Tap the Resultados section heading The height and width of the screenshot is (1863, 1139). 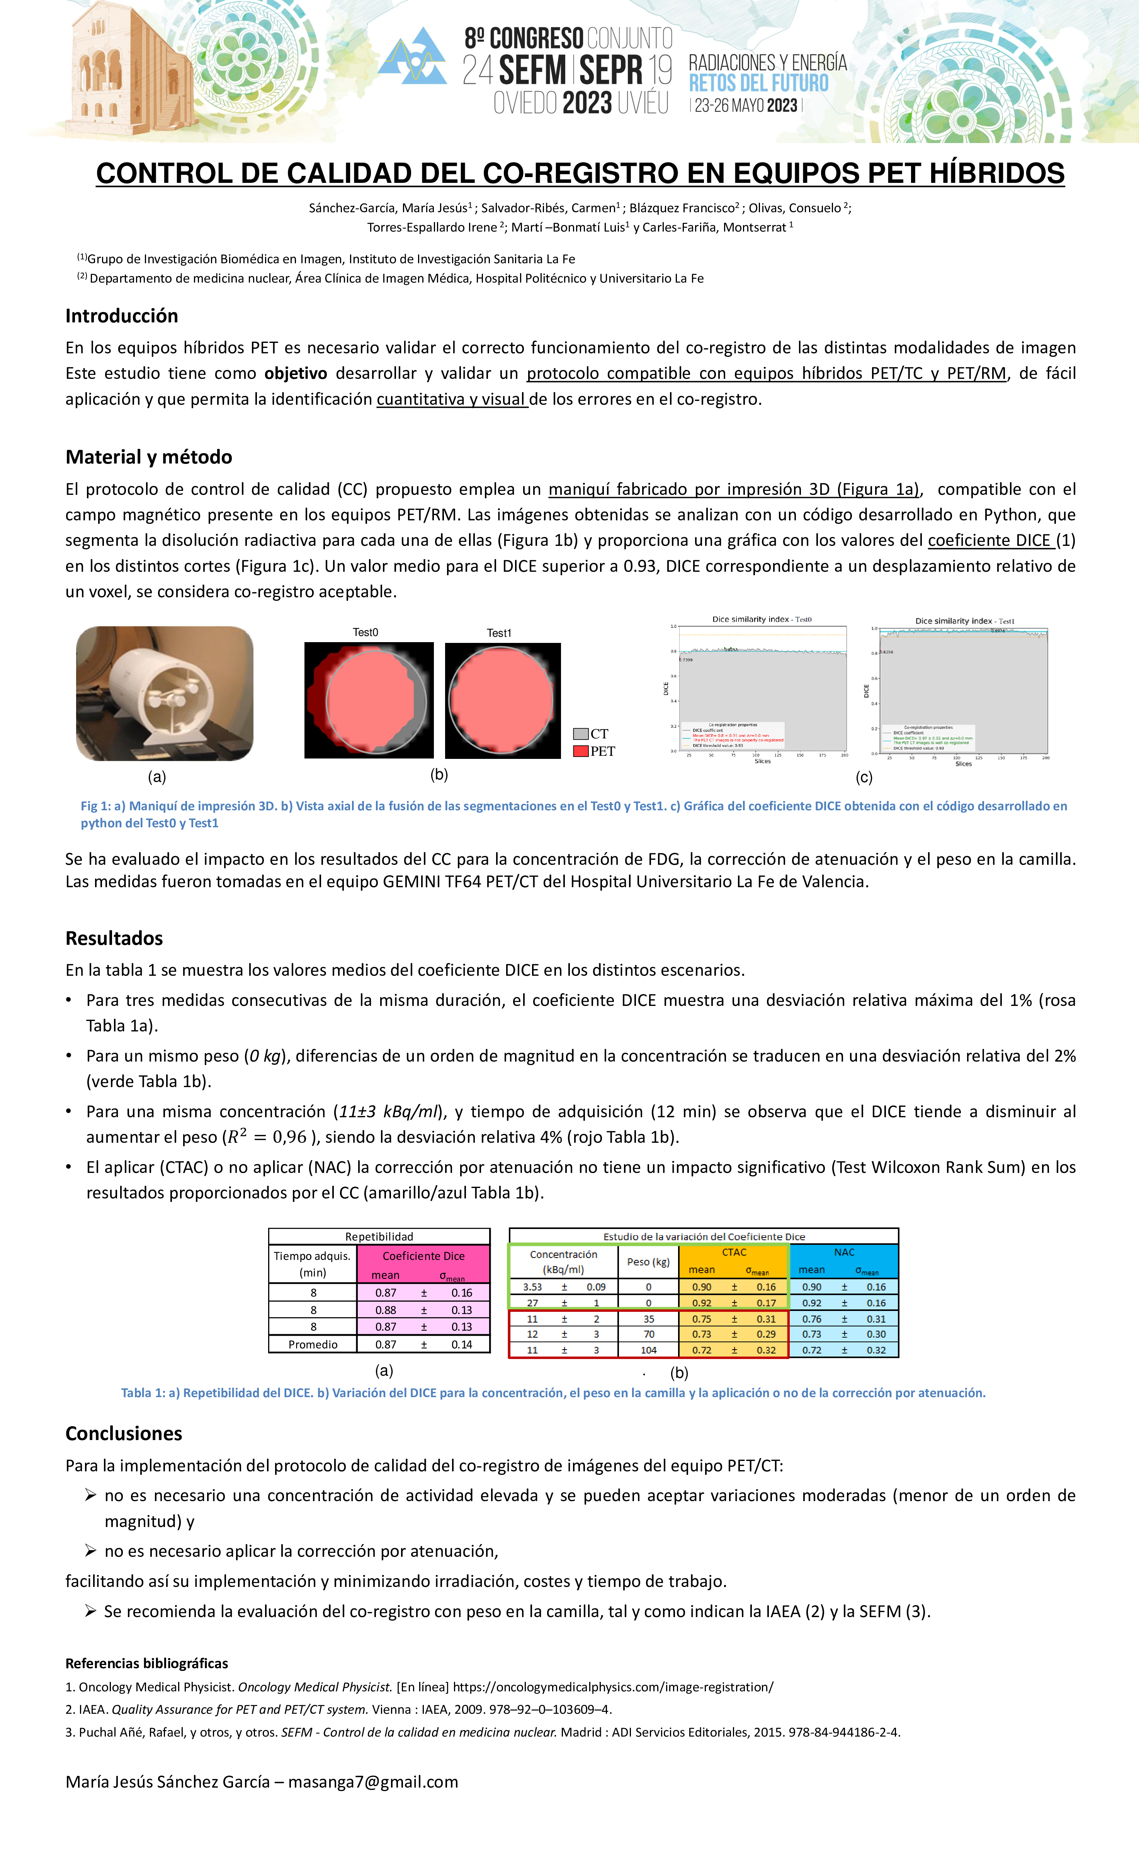[114, 938]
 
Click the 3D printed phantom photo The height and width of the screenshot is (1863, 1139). [165, 693]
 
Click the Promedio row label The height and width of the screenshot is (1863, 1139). [313, 1344]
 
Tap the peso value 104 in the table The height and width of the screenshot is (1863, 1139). [648, 1350]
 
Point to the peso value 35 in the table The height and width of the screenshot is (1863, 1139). [648, 1319]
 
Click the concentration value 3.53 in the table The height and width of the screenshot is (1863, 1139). [532, 1287]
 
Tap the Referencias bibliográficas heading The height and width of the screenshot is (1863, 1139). [147, 1664]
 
